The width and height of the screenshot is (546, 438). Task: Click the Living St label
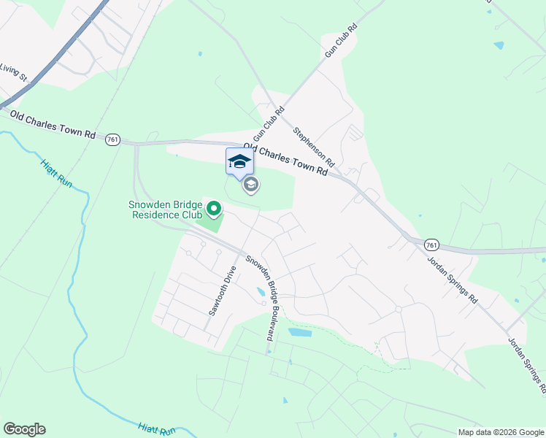click(x=13, y=72)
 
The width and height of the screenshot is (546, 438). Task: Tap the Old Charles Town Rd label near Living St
click(x=53, y=125)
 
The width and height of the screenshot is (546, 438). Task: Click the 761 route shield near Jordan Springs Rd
click(x=431, y=245)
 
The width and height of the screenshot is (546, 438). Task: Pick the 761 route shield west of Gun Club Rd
click(x=112, y=139)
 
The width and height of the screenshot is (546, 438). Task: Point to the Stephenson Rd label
click(x=313, y=146)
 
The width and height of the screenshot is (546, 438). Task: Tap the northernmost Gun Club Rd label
click(x=342, y=41)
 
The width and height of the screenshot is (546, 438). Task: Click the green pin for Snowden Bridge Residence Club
click(x=214, y=210)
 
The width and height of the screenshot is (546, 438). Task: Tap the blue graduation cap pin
click(x=239, y=162)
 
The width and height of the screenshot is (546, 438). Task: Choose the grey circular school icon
click(x=251, y=185)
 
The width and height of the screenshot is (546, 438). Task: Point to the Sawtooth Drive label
click(x=223, y=291)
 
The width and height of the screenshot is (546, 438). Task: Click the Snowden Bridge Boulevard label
click(x=261, y=298)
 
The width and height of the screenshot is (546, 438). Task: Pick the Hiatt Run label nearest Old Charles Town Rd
click(x=56, y=174)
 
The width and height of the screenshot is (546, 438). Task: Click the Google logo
click(x=24, y=429)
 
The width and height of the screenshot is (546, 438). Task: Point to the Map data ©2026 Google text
click(x=500, y=432)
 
